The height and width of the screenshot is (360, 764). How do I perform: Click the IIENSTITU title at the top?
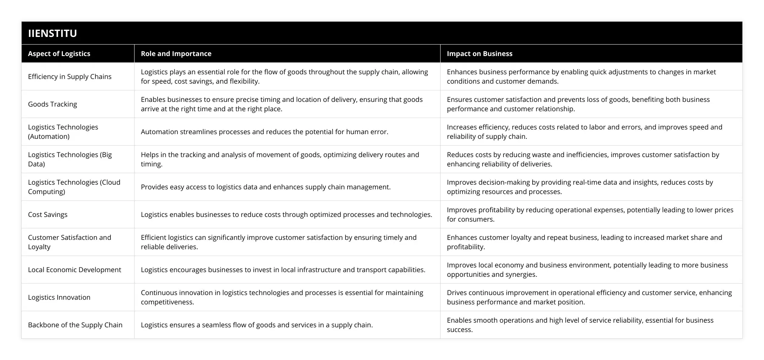53,33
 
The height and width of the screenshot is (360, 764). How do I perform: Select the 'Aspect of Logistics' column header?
59,53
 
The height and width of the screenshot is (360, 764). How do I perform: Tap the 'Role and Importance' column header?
176,53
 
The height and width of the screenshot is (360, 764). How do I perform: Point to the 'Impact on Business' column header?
480,53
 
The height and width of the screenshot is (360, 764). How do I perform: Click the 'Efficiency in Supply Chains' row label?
70,76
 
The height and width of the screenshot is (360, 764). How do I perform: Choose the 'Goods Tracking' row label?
53,104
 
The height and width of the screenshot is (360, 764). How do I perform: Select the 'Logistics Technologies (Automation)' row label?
63,132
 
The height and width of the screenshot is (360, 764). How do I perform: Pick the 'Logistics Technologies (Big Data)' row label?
70,159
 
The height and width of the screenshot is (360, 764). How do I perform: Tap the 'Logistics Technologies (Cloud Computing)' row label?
74,187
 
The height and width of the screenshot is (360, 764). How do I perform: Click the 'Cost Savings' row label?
48,214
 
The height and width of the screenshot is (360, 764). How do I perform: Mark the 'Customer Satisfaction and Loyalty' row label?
70,242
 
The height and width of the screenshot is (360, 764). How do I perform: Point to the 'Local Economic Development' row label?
74,270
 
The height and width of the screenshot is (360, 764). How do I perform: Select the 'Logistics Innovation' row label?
59,297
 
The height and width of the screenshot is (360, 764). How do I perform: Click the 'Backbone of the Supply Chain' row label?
75,325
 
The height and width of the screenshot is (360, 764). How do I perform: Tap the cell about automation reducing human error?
264,132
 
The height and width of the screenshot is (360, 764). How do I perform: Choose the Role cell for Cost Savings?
286,214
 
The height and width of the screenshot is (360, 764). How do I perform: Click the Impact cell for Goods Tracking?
578,104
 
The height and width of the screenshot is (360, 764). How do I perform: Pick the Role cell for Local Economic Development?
283,270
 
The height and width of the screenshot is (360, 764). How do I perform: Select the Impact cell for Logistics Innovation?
589,297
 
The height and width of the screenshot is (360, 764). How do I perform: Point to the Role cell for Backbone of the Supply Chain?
257,325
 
